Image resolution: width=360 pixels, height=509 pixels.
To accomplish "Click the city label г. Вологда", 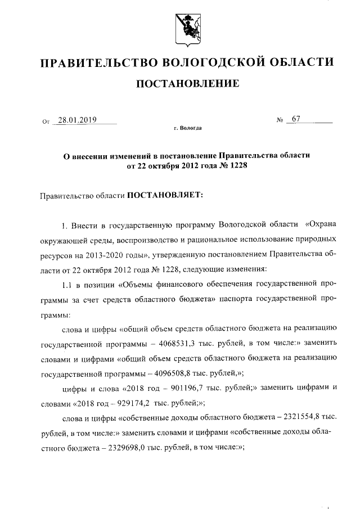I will point(188,128).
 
